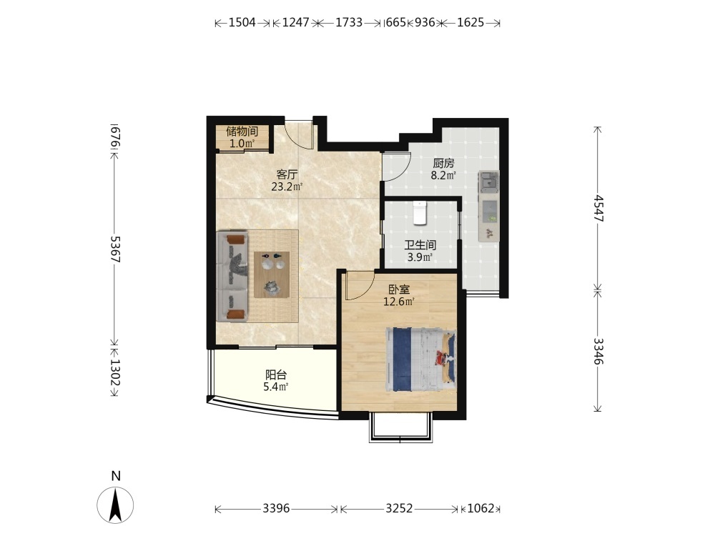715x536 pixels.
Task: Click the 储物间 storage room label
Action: (242, 131)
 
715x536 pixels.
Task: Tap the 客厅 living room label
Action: (287, 174)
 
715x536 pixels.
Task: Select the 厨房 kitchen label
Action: (443, 163)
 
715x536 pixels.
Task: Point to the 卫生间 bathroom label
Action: (420, 245)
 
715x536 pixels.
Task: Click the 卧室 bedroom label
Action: (399, 289)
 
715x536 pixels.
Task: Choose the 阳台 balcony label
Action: (276, 375)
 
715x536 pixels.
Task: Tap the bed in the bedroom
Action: (421, 359)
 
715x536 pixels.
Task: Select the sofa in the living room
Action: (232, 276)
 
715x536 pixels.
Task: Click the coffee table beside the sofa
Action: (272, 274)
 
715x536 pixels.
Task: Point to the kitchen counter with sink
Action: (488, 206)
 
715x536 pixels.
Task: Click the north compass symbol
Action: (115, 505)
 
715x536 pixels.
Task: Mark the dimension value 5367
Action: (116, 249)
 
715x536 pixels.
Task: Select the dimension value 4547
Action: (598, 208)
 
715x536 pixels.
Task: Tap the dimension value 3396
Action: (276, 507)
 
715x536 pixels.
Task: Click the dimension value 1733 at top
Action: (349, 22)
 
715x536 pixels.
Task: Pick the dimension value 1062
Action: (481, 507)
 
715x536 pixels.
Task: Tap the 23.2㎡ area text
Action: (287, 187)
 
